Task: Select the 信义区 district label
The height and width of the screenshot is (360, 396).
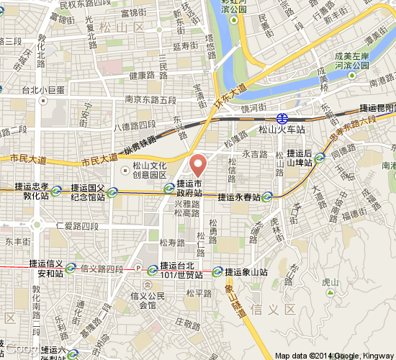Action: click(280, 309)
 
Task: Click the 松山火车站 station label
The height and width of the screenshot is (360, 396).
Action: click(282, 130)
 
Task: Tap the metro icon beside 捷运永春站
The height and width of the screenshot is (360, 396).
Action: click(267, 197)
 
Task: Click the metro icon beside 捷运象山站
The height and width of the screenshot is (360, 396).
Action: click(217, 272)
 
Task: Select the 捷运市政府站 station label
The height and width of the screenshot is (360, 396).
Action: click(189, 188)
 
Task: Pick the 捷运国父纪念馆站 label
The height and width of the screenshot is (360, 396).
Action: click(88, 192)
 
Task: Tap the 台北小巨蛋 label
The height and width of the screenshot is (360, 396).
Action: click(43, 90)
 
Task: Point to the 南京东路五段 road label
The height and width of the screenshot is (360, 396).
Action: click(150, 99)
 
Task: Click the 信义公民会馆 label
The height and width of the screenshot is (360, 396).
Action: click(148, 300)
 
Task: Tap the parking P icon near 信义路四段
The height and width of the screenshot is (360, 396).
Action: click(138, 269)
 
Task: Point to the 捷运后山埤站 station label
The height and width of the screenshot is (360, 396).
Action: click(300, 158)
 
